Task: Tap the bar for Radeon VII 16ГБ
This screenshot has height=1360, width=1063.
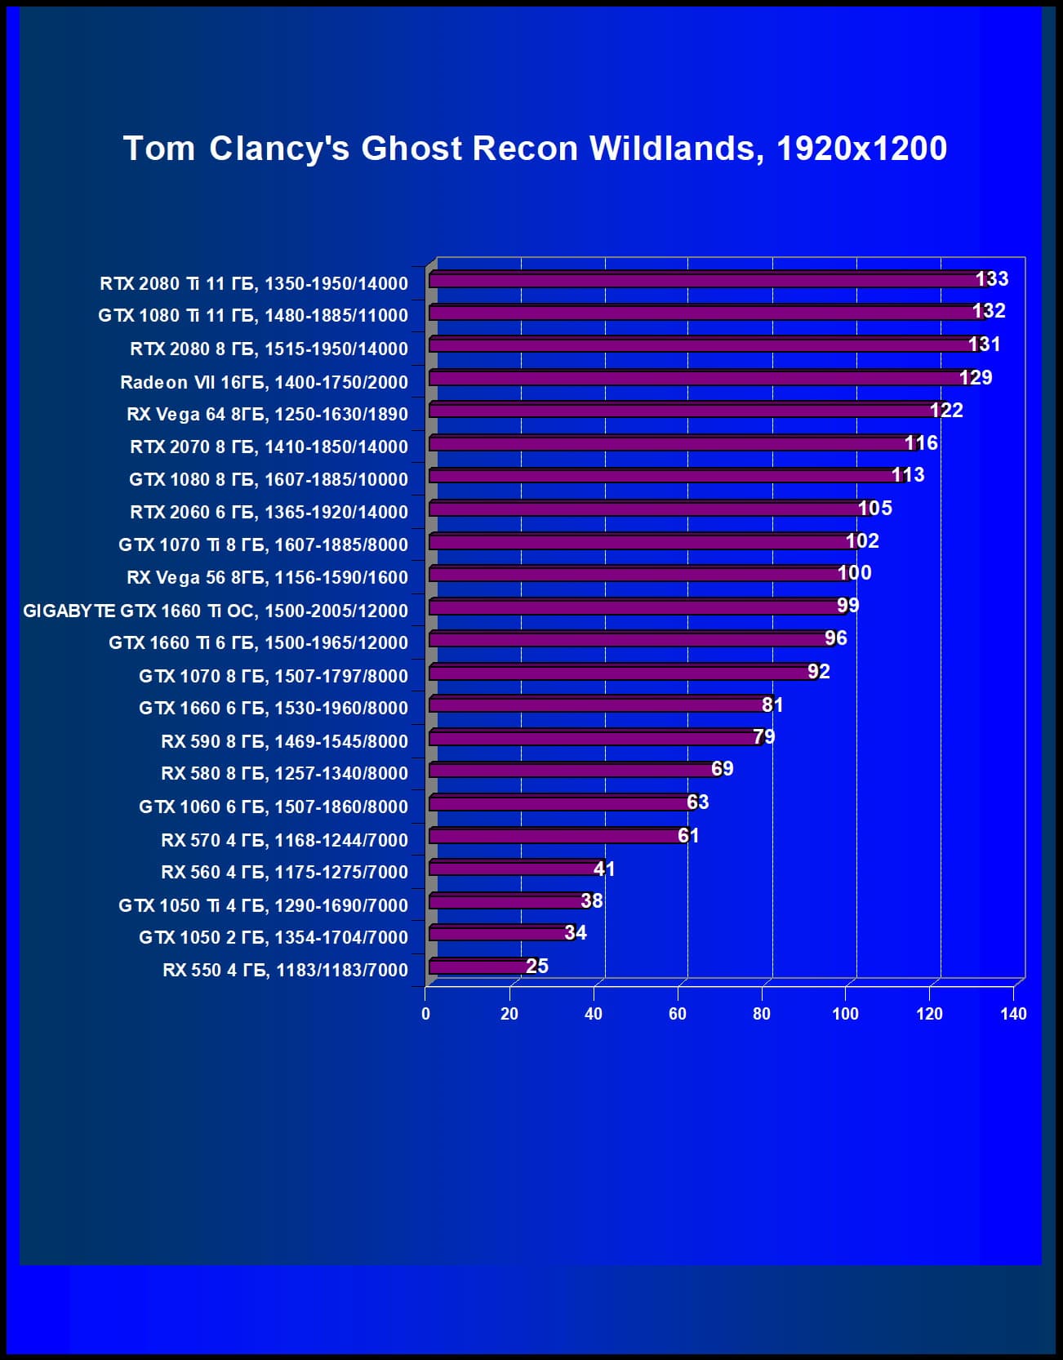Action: [694, 378]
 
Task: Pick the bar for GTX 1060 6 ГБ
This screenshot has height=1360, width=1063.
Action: [559, 803]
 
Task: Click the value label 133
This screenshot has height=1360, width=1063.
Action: [992, 279]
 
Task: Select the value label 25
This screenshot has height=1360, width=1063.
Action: [537, 967]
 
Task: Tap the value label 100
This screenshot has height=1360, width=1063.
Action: [855, 573]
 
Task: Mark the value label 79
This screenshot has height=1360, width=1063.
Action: [764, 737]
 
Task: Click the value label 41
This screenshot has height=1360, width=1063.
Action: [604, 869]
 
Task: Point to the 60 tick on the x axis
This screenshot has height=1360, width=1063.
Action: [678, 1014]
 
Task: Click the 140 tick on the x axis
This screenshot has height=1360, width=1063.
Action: [1013, 1014]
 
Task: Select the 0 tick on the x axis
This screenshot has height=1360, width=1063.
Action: [425, 1014]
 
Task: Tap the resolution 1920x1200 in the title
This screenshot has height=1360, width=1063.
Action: [861, 149]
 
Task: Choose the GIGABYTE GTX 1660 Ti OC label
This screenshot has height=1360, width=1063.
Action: [216, 611]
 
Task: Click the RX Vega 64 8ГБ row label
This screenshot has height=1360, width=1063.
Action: [267, 414]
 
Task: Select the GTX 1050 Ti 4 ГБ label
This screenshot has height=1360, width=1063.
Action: [263, 905]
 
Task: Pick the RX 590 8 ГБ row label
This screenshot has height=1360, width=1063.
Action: [284, 741]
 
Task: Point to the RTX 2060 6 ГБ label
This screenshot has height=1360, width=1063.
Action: [269, 512]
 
